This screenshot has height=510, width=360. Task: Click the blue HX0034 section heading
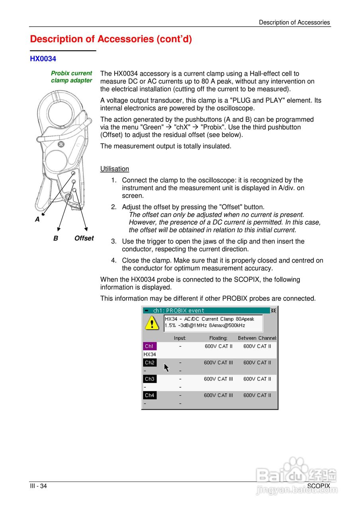(x=43, y=59)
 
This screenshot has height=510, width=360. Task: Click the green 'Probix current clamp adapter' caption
(x=71, y=77)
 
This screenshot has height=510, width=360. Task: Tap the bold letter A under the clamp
(x=37, y=219)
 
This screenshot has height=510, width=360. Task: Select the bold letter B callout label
(x=56, y=238)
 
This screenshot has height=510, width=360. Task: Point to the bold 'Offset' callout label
(x=84, y=238)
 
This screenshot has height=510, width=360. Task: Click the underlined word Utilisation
(x=115, y=169)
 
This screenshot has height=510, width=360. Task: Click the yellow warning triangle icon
(x=152, y=322)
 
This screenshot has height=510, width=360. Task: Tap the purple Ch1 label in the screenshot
(x=149, y=346)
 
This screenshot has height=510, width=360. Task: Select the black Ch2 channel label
(x=149, y=363)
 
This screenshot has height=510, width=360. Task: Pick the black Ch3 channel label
(x=149, y=379)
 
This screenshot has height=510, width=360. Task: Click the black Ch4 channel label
(x=149, y=395)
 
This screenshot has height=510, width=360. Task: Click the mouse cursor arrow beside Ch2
(x=166, y=367)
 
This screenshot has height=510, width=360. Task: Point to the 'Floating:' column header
(x=218, y=338)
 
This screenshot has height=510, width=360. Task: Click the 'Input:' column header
(x=180, y=338)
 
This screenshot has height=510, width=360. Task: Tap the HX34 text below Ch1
(x=150, y=354)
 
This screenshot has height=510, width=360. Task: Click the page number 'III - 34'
(x=38, y=486)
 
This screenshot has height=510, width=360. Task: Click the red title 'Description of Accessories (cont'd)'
(x=111, y=39)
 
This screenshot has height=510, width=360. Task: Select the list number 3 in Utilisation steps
(x=113, y=241)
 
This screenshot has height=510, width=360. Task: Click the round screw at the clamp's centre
(x=61, y=144)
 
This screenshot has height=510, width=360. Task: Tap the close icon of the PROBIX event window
(x=273, y=310)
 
